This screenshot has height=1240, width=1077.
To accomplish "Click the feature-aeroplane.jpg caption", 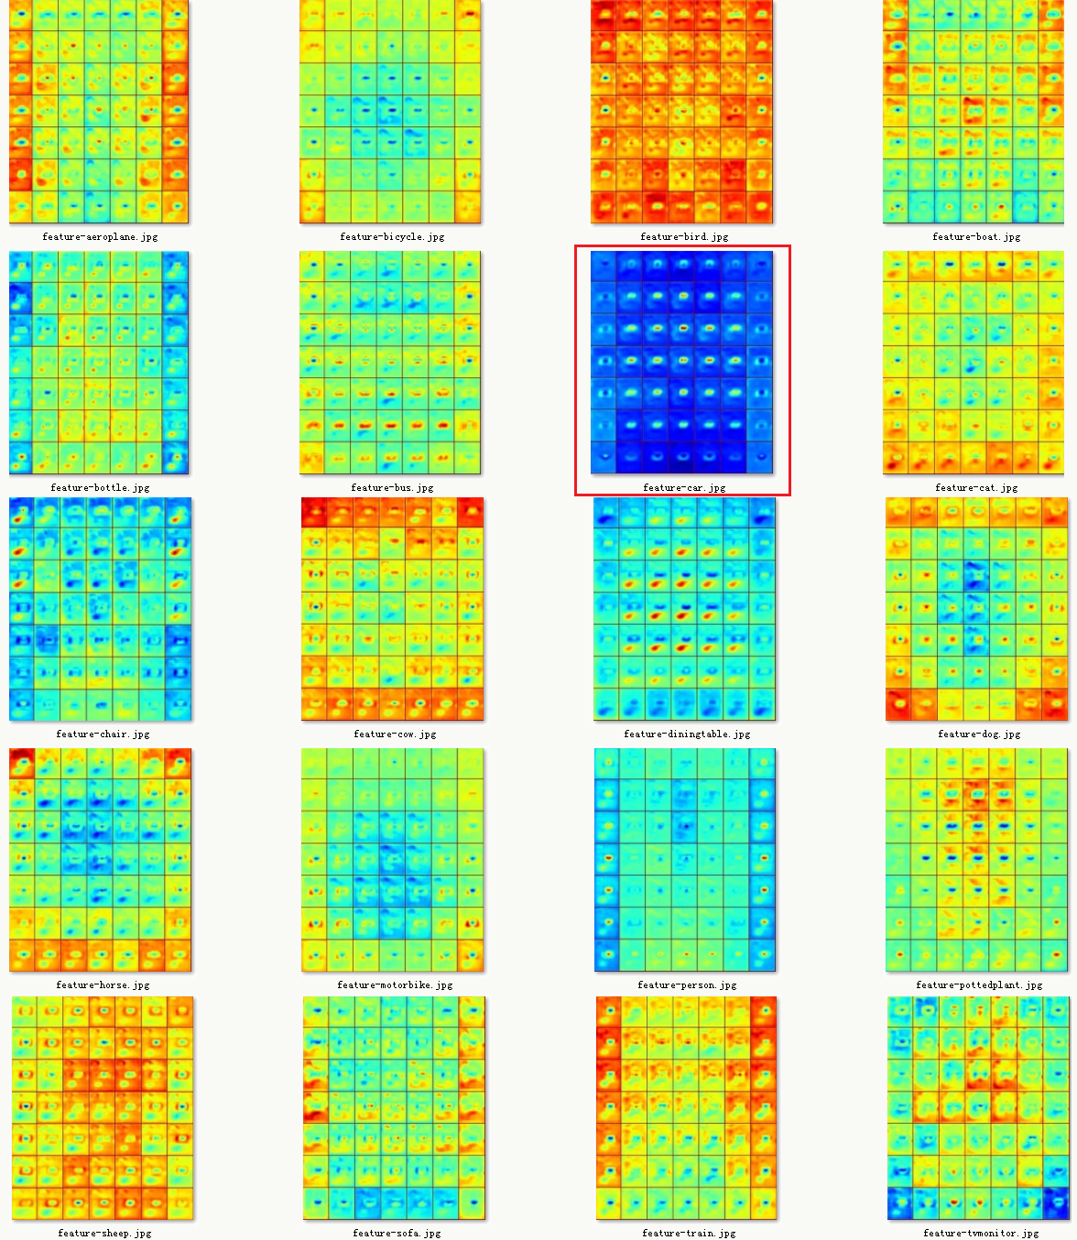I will coord(100,236).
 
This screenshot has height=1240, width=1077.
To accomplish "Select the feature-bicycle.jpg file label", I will coord(392,236).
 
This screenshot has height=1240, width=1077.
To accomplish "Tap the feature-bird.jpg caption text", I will coord(684,236).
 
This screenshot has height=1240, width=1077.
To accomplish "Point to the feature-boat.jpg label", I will coord(976,236).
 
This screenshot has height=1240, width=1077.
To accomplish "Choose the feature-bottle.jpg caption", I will coord(100,487).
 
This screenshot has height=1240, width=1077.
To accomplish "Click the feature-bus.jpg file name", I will coord(392,487).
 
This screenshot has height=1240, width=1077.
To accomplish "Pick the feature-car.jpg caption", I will coord(684,487).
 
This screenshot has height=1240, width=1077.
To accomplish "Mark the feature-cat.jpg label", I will coord(976,487).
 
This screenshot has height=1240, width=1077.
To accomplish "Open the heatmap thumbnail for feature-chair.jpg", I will coord(101,609).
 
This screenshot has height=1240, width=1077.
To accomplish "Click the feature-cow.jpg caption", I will coord(395,734).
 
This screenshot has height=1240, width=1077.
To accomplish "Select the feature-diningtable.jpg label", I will coord(687,734).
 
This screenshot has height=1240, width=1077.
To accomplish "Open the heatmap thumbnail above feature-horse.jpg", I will coord(101,860).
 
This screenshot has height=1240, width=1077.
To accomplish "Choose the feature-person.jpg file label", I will coord(687,984).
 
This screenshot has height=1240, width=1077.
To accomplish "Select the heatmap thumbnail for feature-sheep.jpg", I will coord(103,1108).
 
